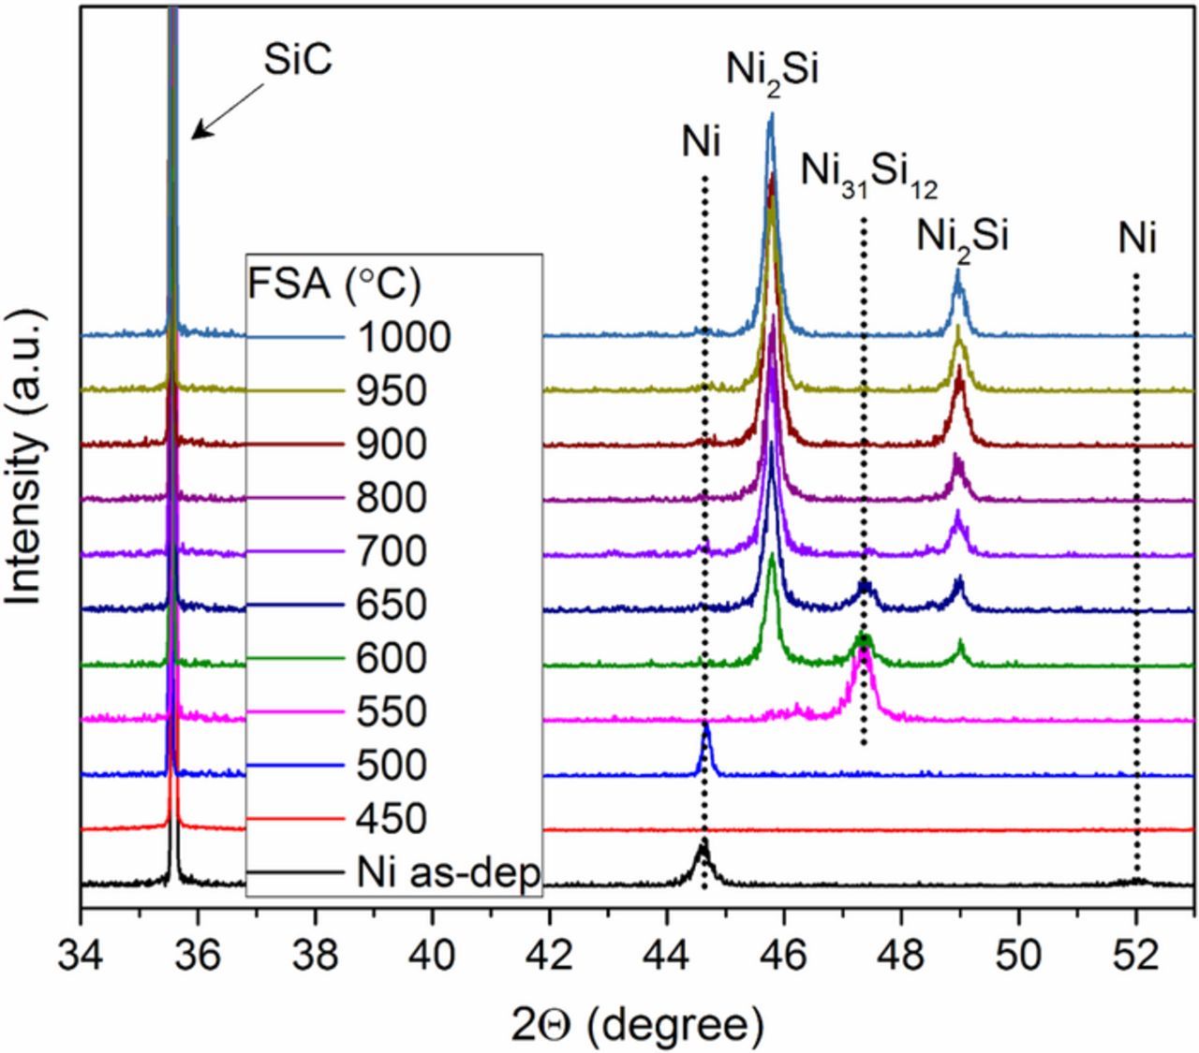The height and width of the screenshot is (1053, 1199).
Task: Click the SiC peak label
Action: [296, 64]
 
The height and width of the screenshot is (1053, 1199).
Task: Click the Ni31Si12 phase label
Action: [869, 172]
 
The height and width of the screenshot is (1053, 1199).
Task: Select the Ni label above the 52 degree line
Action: [1136, 240]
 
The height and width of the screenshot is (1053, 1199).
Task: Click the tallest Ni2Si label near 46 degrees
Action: [772, 71]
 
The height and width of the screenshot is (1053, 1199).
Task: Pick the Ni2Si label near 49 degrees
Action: [962, 237]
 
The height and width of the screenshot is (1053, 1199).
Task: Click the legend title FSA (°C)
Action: [335, 283]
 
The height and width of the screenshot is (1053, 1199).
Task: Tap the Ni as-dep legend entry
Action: [448, 873]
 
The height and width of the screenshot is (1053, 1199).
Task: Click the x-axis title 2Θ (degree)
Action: [638, 1023]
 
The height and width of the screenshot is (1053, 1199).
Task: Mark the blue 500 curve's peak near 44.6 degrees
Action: [705, 725]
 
